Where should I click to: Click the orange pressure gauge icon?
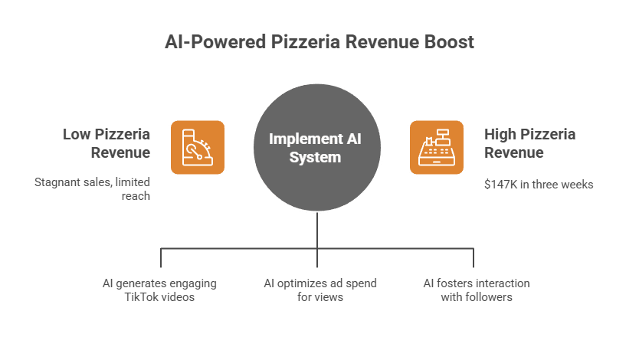pos(197,147)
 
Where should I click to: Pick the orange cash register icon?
pos(437,147)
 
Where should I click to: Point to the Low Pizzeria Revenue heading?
pos(106,143)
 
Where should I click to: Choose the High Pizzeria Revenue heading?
pos(530,143)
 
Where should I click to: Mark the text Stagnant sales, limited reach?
pos(93,189)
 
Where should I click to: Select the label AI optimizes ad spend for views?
pos(319,290)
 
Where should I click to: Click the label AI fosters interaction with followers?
pos(477,290)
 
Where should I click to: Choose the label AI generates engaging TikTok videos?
pos(159,290)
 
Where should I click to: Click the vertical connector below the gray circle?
pos(317,230)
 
